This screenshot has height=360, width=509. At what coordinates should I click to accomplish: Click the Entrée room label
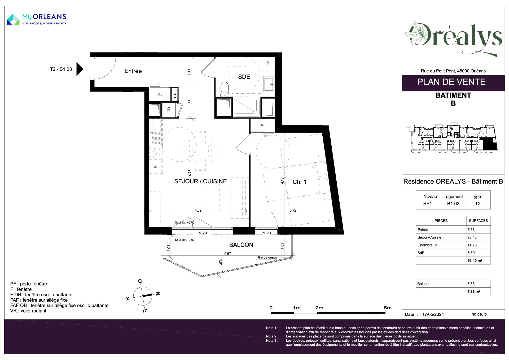click(x=133, y=71)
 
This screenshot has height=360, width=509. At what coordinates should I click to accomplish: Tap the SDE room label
click(x=244, y=77)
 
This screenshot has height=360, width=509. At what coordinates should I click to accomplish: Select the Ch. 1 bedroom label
click(x=299, y=182)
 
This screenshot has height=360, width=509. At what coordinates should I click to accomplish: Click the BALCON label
click(x=241, y=245)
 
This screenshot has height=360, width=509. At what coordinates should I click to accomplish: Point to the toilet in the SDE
click(x=225, y=89)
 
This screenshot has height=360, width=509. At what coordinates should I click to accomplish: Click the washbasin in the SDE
click(x=269, y=84)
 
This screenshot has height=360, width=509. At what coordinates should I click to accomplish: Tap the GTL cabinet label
click(x=175, y=95)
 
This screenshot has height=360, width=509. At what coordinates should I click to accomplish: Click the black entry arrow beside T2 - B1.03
click(x=80, y=69)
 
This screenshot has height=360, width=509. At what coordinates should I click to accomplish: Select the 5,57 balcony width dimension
click(x=227, y=254)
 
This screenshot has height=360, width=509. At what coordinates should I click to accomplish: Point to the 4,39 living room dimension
click(x=198, y=210)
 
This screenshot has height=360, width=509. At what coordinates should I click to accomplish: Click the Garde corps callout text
click(x=267, y=258)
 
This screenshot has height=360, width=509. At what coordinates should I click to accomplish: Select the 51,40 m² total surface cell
click(x=475, y=261)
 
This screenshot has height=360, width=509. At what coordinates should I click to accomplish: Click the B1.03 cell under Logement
click(x=453, y=204)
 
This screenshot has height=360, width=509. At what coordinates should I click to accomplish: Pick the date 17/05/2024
click(x=433, y=314)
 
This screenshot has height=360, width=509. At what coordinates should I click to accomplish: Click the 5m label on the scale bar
click(x=388, y=308)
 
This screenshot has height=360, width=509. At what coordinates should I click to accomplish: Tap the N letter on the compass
click(x=158, y=294)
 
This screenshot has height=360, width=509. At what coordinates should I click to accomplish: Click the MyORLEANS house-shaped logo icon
click(x=13, y=20)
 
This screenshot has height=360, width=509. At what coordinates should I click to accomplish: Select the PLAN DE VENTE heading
click(x=451, y=82)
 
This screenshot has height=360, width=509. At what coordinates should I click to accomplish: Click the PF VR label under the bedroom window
click(x=266, y=233)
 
